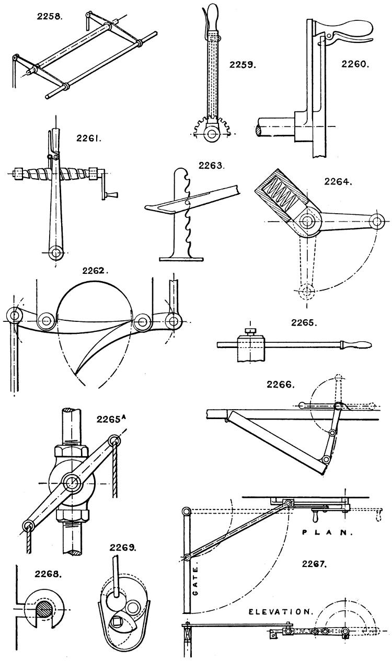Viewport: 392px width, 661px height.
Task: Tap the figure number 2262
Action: [x=95, y=271]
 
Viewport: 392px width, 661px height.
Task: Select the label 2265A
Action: [x=111, y=419]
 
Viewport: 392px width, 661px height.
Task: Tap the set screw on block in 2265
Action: [x=249, y=332]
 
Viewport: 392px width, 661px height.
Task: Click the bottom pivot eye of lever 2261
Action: [x=55, y=254]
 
